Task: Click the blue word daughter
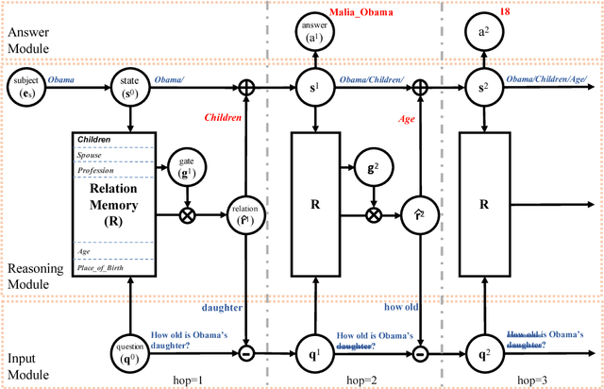(222, 307)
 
